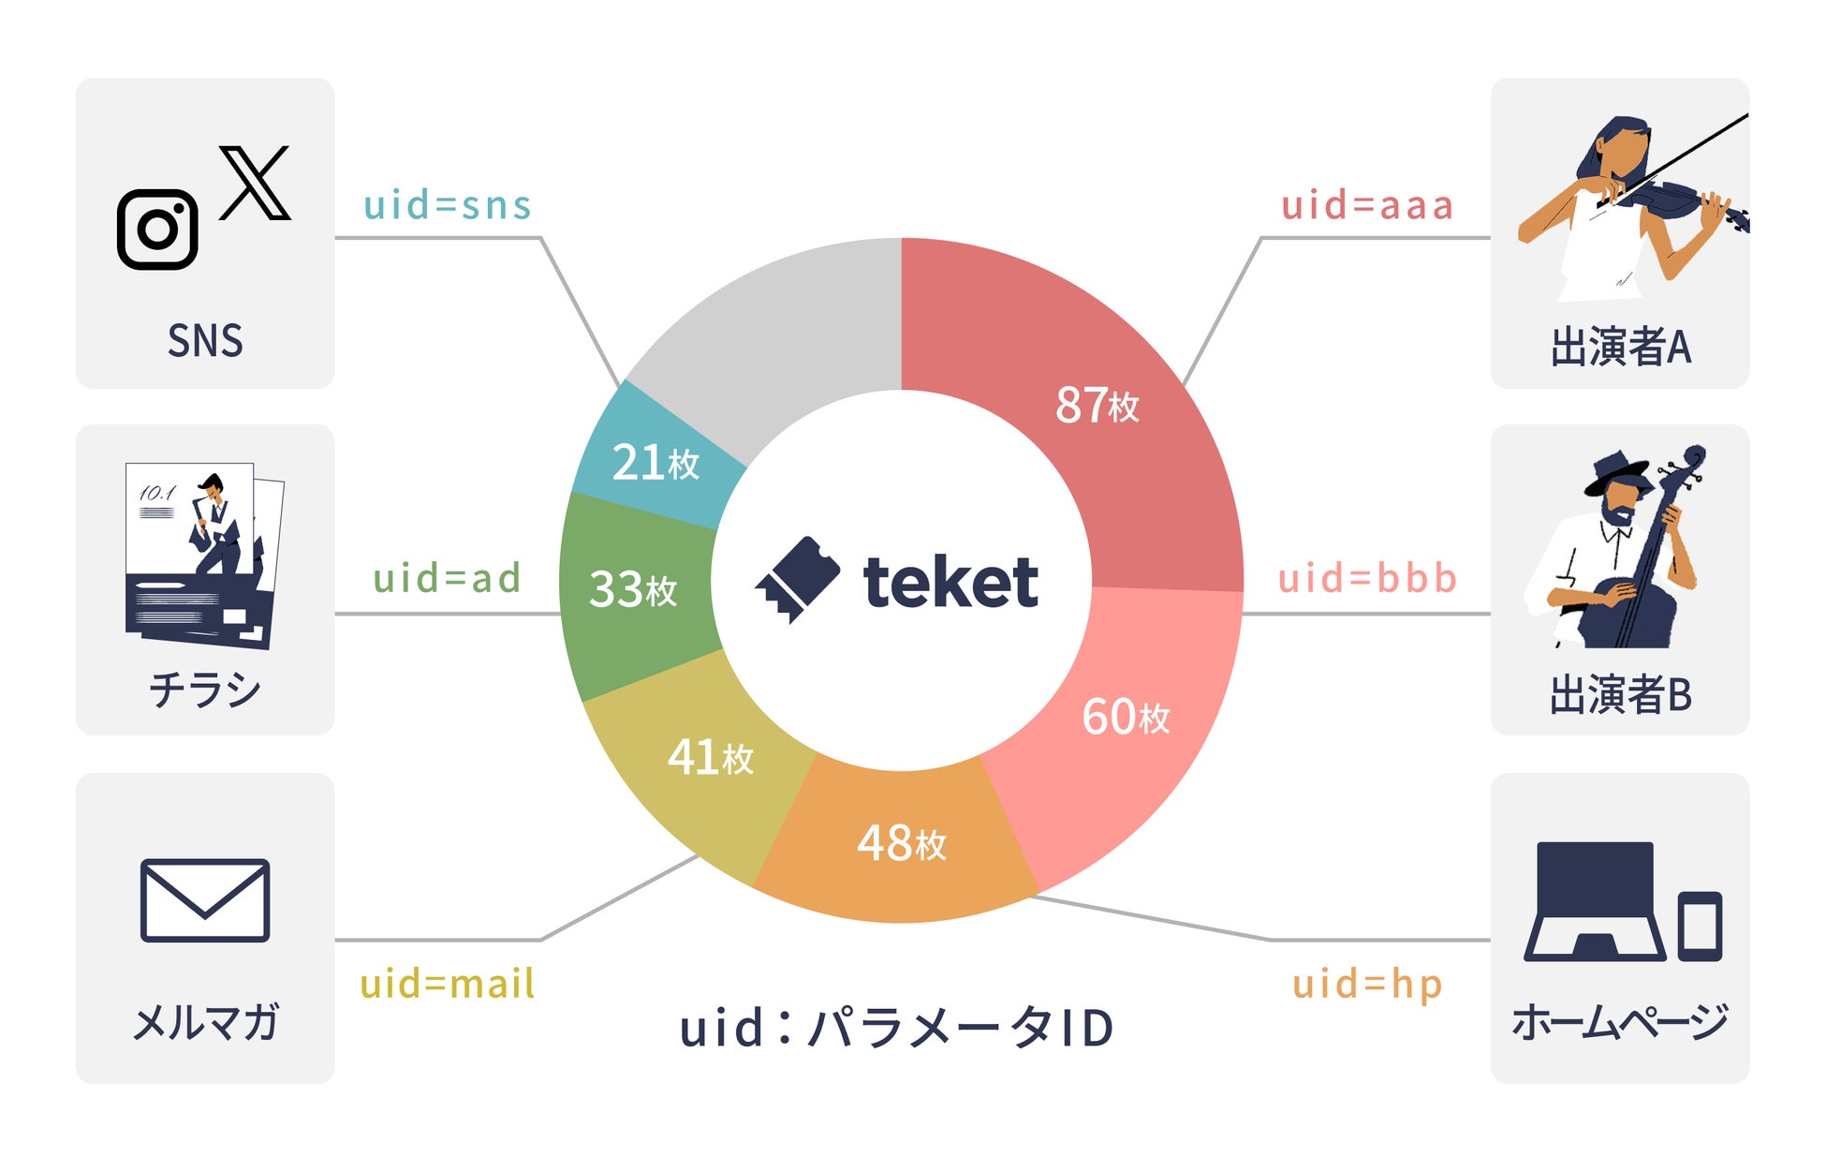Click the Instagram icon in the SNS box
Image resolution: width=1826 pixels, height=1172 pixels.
[157, 230]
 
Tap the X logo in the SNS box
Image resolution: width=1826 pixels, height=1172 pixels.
[255, 183]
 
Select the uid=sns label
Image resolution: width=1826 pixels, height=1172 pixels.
[448, 205]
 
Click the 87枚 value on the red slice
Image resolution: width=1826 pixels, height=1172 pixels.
[1097, 406]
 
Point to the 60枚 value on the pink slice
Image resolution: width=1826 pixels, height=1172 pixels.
[1126, 717]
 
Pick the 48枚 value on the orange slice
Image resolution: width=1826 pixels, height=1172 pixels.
[902, 842]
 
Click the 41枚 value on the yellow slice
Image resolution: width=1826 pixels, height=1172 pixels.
[710, 757]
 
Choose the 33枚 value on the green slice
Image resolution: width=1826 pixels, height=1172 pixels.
[633, 589]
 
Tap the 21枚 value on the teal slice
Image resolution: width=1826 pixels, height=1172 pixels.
[655, 462]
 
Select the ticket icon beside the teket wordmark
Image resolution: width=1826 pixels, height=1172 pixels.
[797, 578]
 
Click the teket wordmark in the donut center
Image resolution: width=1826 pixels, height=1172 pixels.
[950, 583]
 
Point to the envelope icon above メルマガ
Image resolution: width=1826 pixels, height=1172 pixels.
[205, 900]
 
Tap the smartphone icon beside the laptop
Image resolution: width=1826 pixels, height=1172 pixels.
[1700, 926]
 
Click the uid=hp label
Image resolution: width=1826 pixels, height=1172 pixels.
[1366, 985]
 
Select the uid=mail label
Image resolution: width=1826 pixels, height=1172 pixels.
[448, 985]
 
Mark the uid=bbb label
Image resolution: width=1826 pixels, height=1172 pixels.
[1367, 578]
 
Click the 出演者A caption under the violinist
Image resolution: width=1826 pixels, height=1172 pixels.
[1621, 347]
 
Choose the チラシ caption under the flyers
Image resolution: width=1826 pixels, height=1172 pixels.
[205, 690]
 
